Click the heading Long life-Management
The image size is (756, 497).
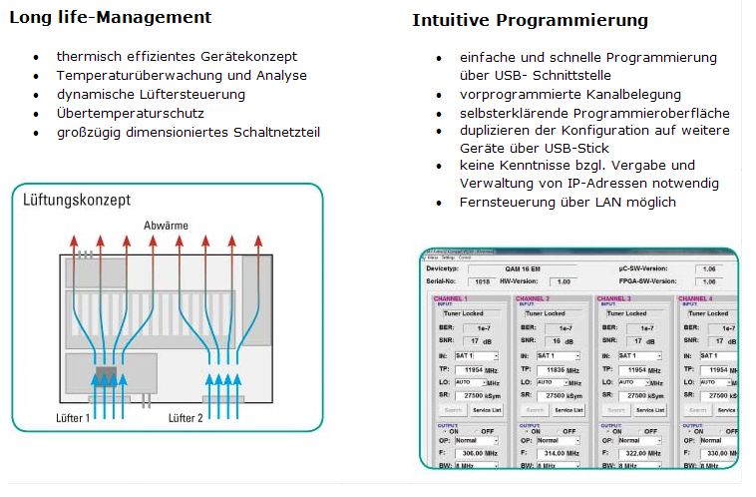pyautogui.click(x=110, y=18)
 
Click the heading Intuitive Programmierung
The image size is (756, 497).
pyautogui.click(x=530, y=20)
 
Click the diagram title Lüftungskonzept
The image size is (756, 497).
pyautogui.click(x=77, y=200)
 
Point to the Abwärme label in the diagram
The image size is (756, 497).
pyautogui.click(x=166, y=226)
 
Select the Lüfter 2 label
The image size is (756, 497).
pyautogui.click(x=187, y=417)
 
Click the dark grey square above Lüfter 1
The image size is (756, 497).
pyautogui.click(x=105, y=377)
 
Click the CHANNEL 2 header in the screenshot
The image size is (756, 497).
pyautogui.click(x=534, y=298)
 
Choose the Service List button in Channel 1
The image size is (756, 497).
pyautogui.click(x=486, y=410)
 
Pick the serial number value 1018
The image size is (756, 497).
pyautogui.click(x=482, y=281)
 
